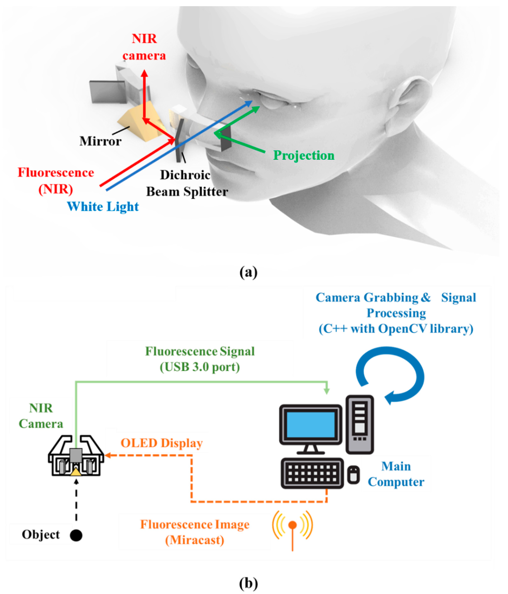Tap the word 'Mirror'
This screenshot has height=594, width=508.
coord(100,141)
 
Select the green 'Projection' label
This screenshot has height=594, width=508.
coord(304,155)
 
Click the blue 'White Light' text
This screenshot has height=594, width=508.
coord(103,206)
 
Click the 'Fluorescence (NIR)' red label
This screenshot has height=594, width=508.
coord(56,181)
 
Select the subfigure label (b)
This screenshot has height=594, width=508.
coord(248,583)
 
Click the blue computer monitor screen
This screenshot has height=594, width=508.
coord(310,425)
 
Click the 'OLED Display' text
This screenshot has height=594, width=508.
coord(161,443)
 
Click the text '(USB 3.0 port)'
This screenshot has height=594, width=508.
coord(200,367)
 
